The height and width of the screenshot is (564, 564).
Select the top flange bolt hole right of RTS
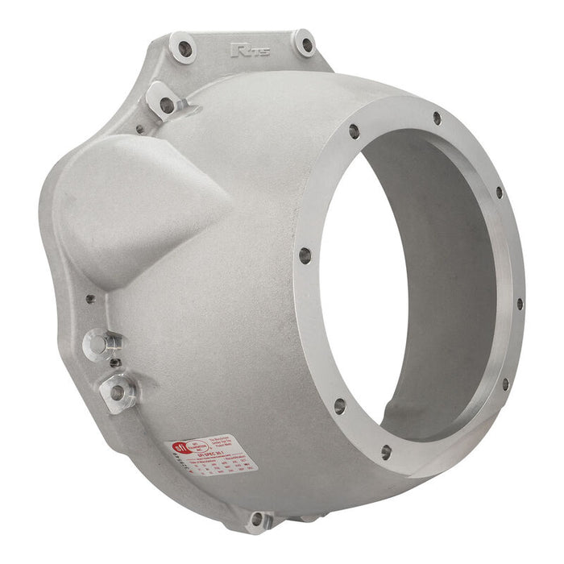point(304,44)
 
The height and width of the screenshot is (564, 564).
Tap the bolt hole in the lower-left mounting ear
point(117,392)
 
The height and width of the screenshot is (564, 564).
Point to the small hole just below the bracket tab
point(141,129)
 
